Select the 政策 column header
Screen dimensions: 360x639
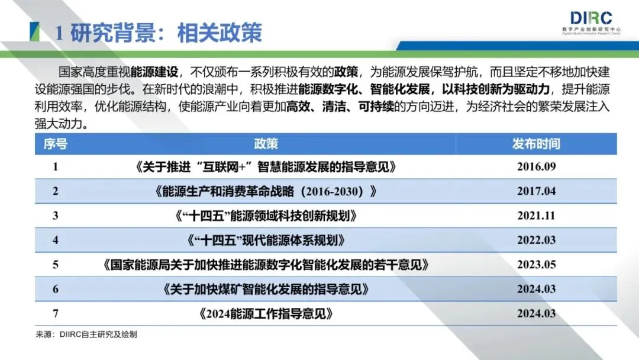(266, 144)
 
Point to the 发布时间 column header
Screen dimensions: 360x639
(536, 144)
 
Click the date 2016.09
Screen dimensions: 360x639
(536, 167)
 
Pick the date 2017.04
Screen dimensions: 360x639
(536, 191)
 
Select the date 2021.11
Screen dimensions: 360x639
(536, 216)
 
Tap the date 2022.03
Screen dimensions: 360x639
(536, 240)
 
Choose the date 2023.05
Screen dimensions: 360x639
(536, 265)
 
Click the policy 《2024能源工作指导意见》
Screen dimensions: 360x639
(266, 313)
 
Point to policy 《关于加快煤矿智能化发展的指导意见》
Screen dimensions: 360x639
(266, 289)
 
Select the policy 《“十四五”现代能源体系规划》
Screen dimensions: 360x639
(266, 240)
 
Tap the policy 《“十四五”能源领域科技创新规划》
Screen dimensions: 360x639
(266, 216)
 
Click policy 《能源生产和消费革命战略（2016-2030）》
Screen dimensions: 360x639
(266, 191)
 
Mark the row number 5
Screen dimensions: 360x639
(56, 265)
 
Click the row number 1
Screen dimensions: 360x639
(56, 167)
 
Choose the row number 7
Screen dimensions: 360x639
(56, 313)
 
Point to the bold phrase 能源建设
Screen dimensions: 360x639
(152, 72)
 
